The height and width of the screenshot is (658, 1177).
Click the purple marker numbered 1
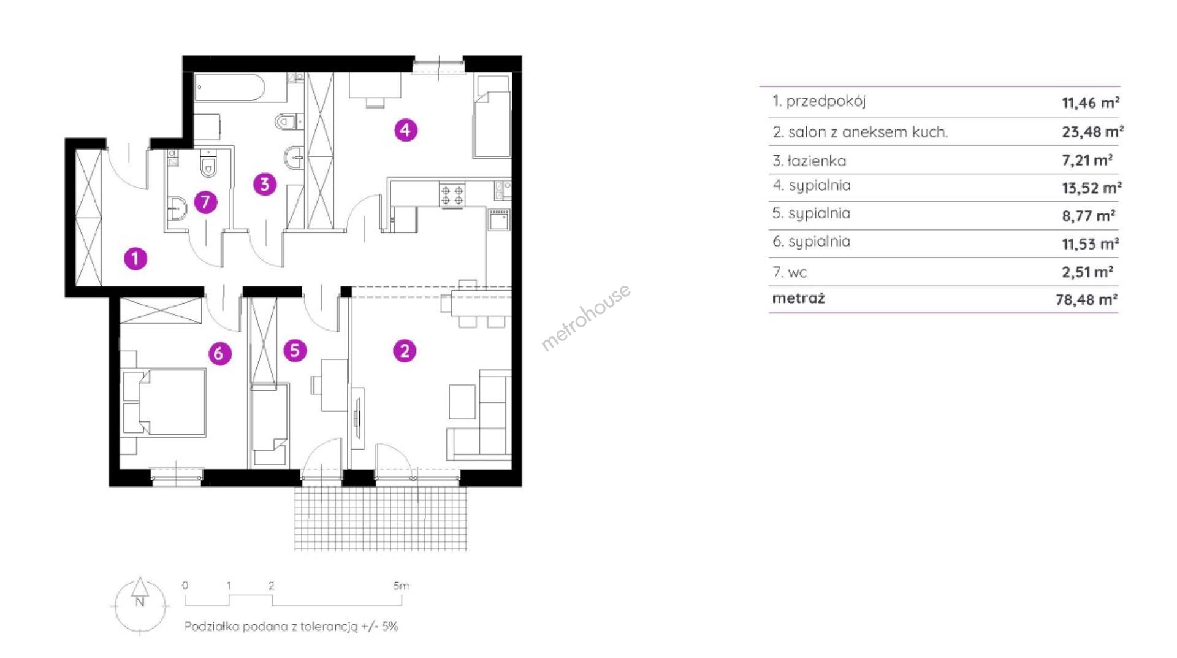135,258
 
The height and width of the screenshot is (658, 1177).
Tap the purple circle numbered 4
405,130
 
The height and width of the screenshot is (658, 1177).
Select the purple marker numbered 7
205,202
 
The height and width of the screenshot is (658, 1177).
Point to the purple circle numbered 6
219,353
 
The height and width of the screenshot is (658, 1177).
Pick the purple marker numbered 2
405,351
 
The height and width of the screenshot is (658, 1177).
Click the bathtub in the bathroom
230,88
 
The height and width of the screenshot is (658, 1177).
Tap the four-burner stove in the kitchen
452,194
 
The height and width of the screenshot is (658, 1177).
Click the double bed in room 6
164,402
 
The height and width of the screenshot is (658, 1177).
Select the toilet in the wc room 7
208,164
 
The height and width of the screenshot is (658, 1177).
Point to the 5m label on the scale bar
401,586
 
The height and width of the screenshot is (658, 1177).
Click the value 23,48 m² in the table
1092,131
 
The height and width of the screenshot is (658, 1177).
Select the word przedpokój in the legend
826,102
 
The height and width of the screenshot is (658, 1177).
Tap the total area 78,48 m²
1086,299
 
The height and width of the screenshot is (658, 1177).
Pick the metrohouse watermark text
585,317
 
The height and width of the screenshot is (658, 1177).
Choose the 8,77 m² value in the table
1088,216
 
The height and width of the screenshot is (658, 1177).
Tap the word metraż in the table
798,299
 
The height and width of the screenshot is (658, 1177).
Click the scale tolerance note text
291,627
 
